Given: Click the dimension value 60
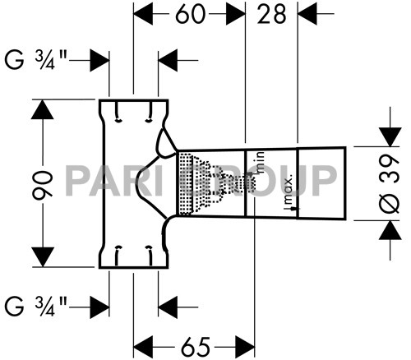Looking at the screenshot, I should [x=189, y=14].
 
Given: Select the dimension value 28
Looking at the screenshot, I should [x=274, y=14].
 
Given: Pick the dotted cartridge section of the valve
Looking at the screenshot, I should [x=193, y=182].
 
